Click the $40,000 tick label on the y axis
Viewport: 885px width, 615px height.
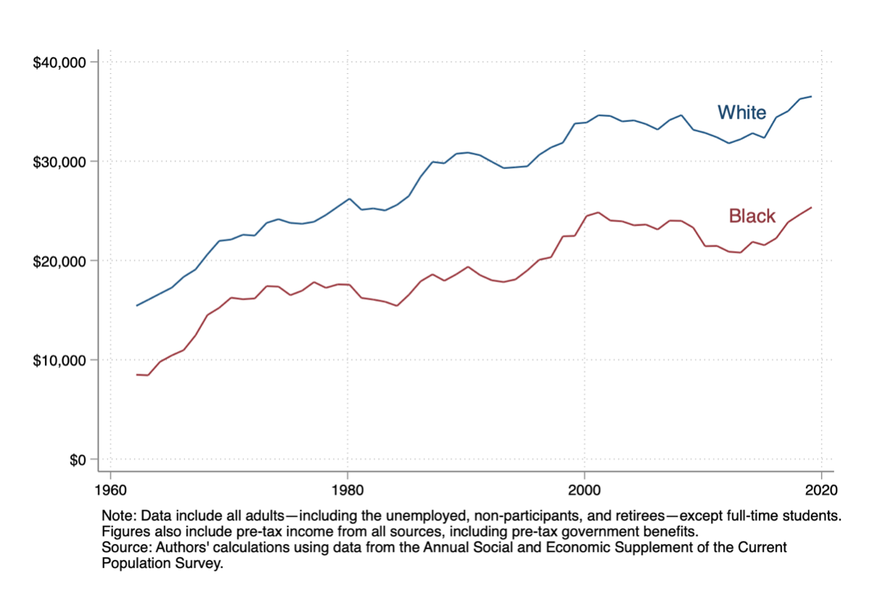click(x=60, y=62)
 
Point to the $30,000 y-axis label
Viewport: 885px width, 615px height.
click(x=60, y=162)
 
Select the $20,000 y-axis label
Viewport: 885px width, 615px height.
click(x=60, y=261)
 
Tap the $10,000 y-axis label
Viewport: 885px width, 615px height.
click(x=60, y=360)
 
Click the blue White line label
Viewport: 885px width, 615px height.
click(x=741, y=112)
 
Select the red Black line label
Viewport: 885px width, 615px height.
click(x=752, y=216)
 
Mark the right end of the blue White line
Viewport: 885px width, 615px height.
click(x=811, y=96)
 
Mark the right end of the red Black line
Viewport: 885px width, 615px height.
click(x=811, y=207)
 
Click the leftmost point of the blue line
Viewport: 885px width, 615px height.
click(x=136, y=305)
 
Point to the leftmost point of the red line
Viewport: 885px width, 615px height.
click(x=136, y=374)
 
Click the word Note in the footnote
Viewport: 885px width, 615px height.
click(x=118, y=516)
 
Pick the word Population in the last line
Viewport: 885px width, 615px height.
click(x=133, y=563)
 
